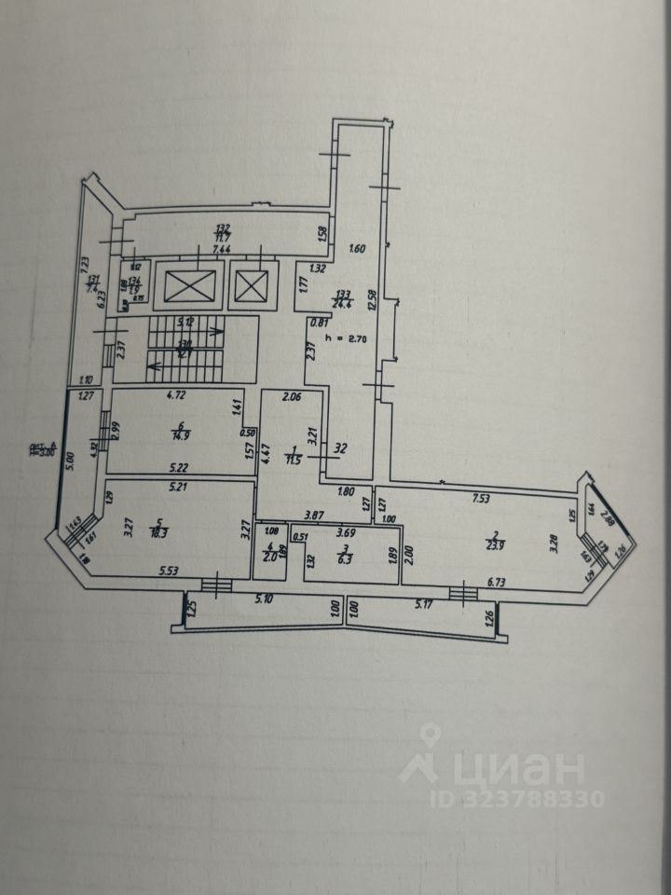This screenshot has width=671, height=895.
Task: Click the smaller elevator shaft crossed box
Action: pyautogui.click(x=250, y=285)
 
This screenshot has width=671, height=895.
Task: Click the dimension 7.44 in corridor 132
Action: pyautogui.click(x=222, y=250)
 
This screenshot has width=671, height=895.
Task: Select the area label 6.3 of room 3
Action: pyautogui.click(x=345, y=559)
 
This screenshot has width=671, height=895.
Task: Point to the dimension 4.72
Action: pyautogui.click(x=177, y=396)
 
